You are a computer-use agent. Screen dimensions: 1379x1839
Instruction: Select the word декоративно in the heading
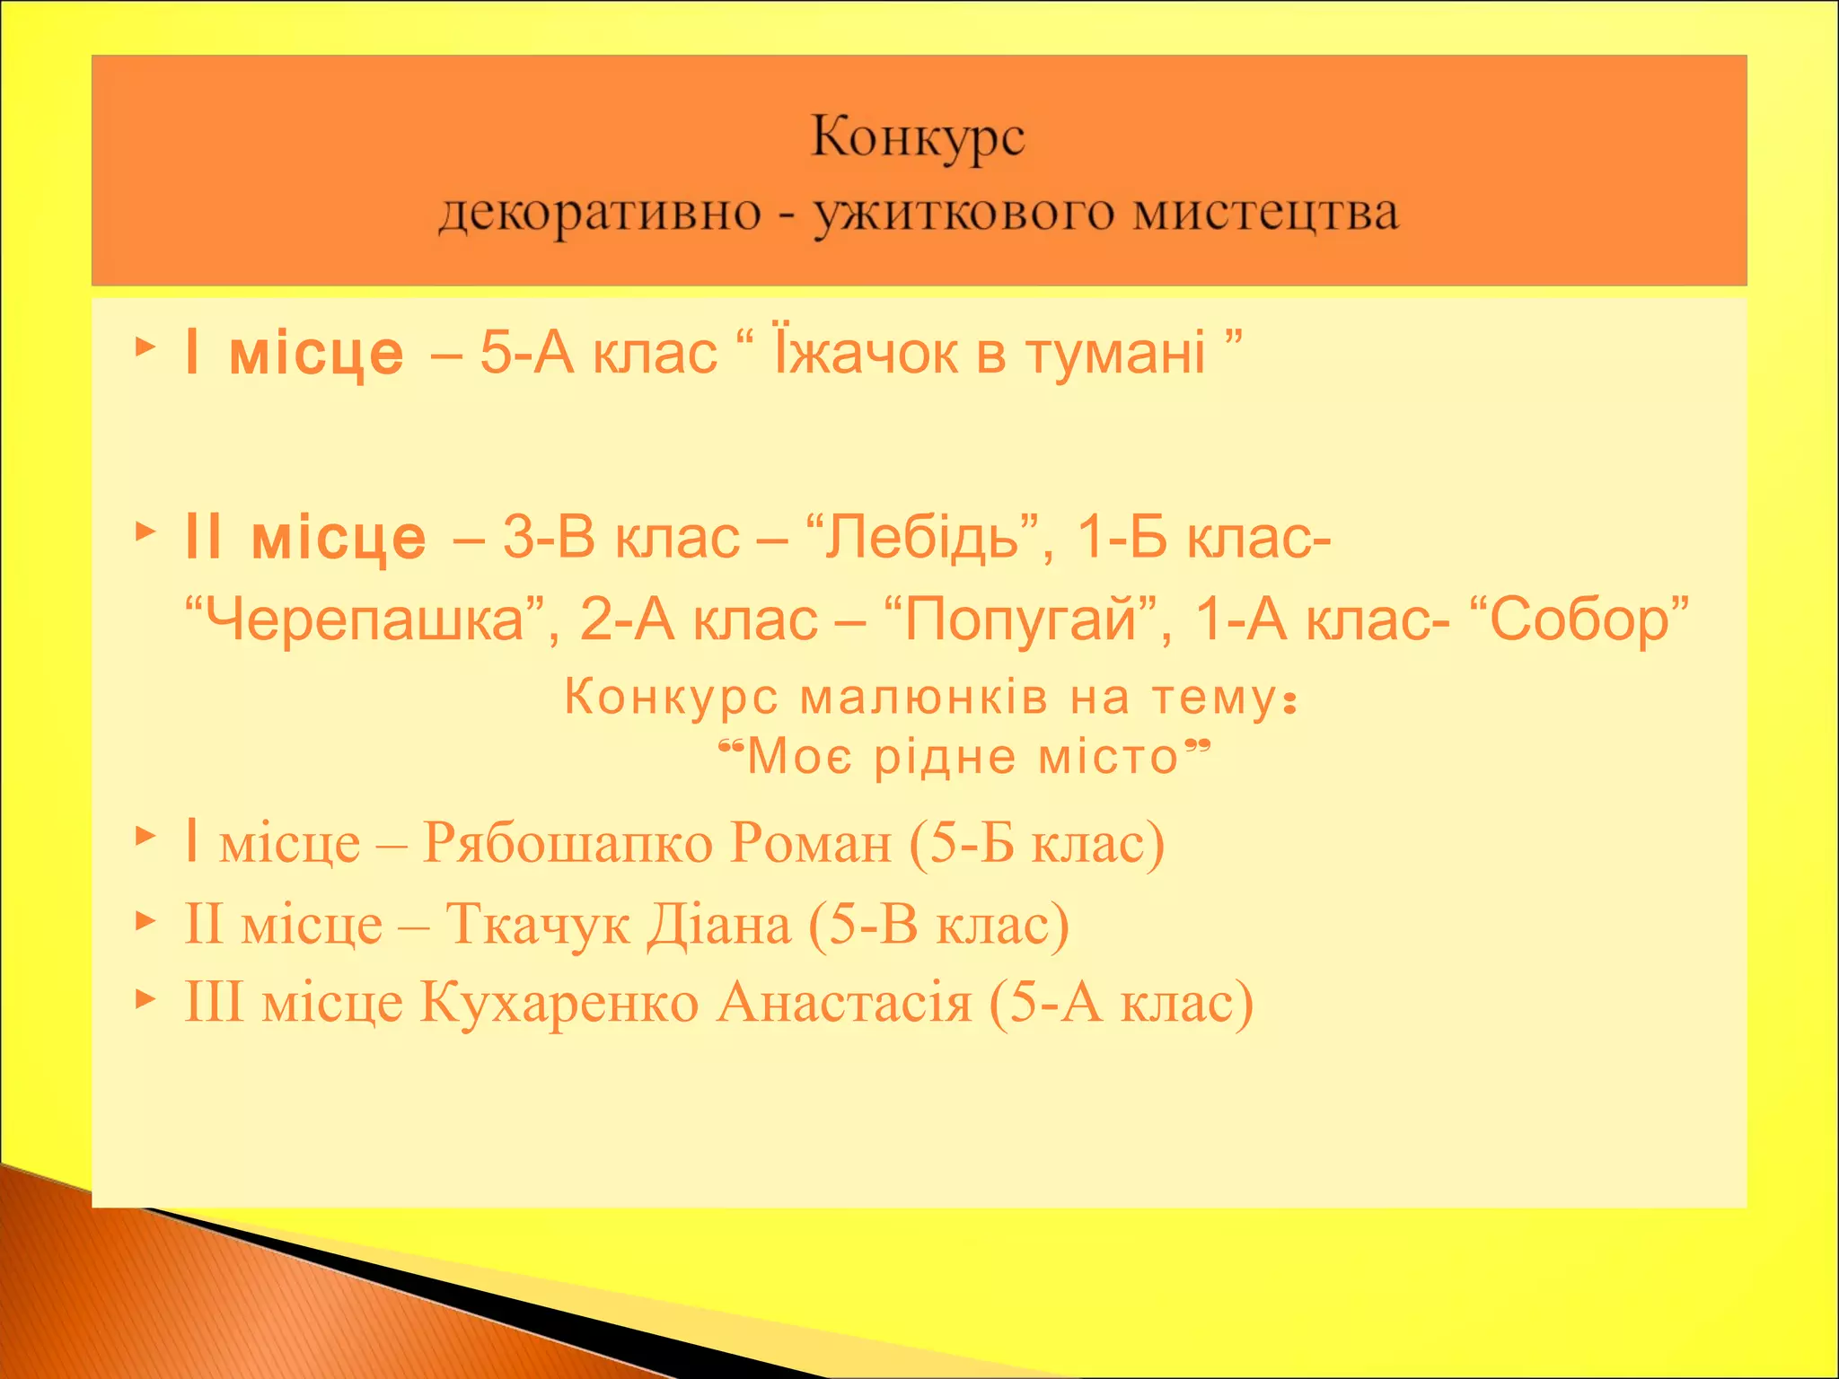[600, 214]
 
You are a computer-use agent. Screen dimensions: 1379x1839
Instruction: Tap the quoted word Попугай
[1020, 619]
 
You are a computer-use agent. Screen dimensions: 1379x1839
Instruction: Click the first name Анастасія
[844, 1002]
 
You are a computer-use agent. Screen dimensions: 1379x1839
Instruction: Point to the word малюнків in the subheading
[924, 698]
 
